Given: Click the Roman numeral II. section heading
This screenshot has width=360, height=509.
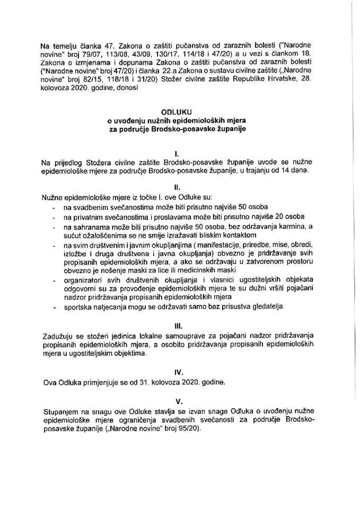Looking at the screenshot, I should pos(180,187).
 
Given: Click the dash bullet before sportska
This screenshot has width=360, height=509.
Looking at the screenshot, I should pos(54,306).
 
